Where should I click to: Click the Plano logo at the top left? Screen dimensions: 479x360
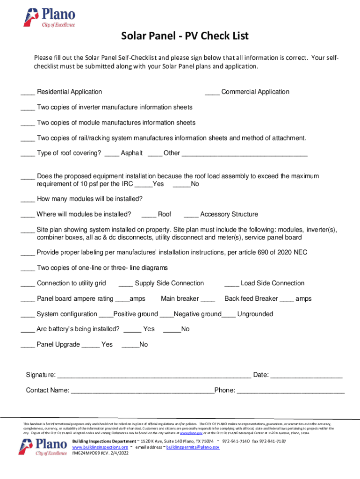click(x=49, y=18)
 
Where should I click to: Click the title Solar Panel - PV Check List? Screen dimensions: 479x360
click(x=185, y=36)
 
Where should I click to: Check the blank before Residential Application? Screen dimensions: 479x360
click(x=28, y=93)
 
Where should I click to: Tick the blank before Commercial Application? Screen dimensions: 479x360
click(x=212, y=93)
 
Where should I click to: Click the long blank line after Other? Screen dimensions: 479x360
click(x=245, y=154)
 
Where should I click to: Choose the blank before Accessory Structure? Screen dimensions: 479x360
click(x=191, y=215)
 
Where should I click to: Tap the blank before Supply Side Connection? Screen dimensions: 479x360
click(x=126, y=284)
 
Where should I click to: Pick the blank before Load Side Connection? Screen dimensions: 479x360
click(x=232, y=284)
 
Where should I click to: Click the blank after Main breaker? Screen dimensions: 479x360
click(x=208, y=299)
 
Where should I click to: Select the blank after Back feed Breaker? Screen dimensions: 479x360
click(x=287, y=299)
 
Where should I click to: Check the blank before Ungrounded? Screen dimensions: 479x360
click(x=229, y=315)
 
